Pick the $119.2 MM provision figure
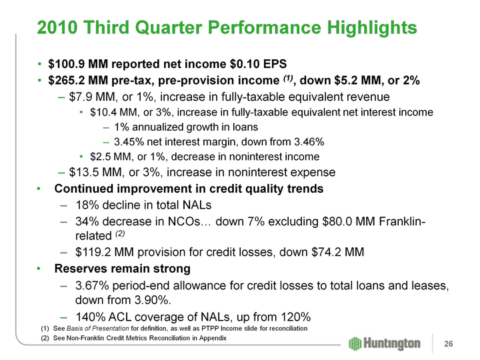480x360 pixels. pyautogui.click(x=108, y=253)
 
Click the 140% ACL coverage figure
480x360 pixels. pyautogui.click(x=90, y=315)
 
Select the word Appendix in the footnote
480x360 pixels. pyautogui.click(x=211, y=339)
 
